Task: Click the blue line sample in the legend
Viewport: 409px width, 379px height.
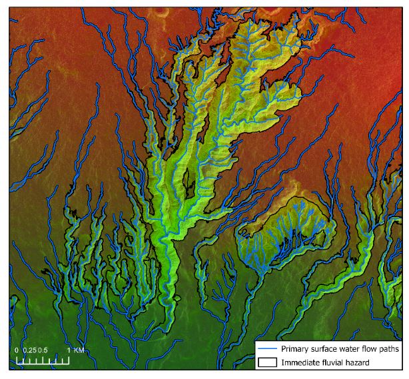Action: pyautogui.click(x=268, y=348)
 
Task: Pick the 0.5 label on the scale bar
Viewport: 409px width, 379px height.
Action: pyautogui.click(x=42, y=350)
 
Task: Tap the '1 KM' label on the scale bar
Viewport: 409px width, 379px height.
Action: pyautogui.click(x=74, y=350)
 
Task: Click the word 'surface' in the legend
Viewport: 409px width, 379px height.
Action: pyautogui.click(x=325, y=348)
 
